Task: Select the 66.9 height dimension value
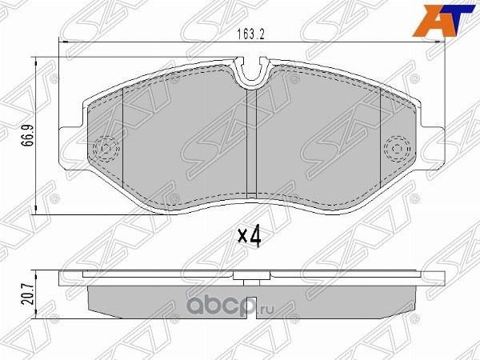tap(27, 138)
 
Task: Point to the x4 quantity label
tap(251, 235)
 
